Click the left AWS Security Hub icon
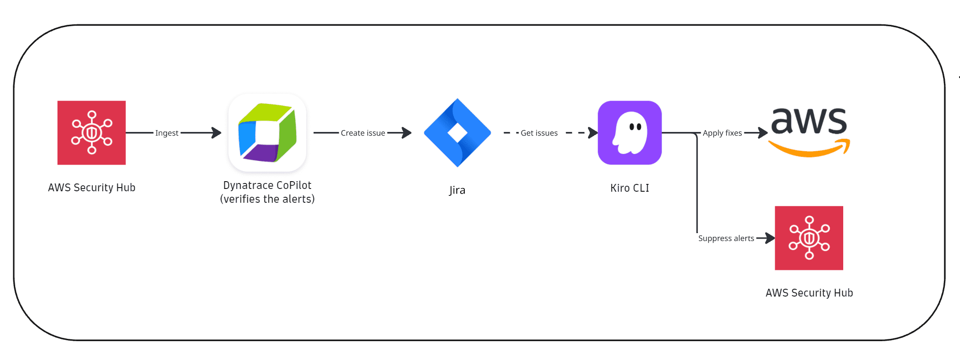coord(91,133)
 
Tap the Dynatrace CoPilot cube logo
coord(267,133)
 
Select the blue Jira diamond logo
coord(457,133)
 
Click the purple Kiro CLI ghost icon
coord(629,133)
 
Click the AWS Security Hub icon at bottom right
coord(809,238)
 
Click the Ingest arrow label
coord(166,133)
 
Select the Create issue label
coord(363,133)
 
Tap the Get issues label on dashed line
coord(539,133)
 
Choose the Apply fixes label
coord(722,133)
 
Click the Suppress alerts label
coord(726,238)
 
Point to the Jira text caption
coord(457,190)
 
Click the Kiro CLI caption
coord(629,188)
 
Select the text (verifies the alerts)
coord(267,199)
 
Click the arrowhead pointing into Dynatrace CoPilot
coord(217,133)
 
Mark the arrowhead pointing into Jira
coord(406,133)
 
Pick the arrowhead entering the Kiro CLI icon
coord(593,133)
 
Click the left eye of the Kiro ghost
coord(632,126)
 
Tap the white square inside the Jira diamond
coord(457,133)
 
